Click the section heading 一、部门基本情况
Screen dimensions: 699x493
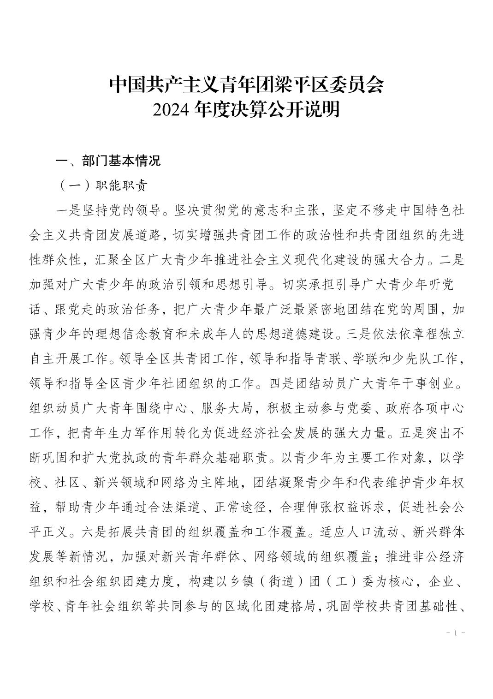(108, 161)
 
